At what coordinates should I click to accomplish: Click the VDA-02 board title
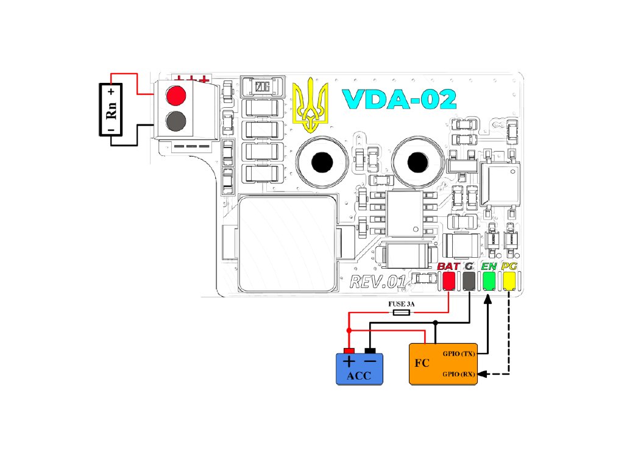click(x=399, y=99)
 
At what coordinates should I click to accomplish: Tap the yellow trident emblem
click(x=310, y=105)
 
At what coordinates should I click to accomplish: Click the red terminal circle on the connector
click(x=176, y=96)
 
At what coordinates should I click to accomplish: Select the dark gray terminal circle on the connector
click(x=176, y=121)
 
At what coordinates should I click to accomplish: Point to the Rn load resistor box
click(x=111, y=110)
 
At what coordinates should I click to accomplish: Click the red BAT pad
click(x=449, y=281)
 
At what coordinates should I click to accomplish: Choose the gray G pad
click(x=469, y=281)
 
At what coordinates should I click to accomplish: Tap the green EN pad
click(x=489, y=281)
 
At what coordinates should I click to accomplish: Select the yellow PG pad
click(x=509, y=281)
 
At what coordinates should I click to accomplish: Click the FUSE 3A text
click(x=401, y=304)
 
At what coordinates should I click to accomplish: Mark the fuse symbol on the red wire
click(x=402, y=313)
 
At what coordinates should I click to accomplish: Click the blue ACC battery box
click(x=360, y=369)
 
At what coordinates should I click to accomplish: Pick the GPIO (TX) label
click(x=459, y=353)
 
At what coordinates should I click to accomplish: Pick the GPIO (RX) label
click(x=459, y=374)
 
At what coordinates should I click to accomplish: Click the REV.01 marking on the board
click(x=378, y=282)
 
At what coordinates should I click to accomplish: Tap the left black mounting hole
click(x=322, y=162)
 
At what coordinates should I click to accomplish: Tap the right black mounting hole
click(x=417, y=162)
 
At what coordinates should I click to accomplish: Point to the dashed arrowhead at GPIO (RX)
click(x=482, y=374)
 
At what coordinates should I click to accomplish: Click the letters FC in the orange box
click(x=422, y=363)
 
